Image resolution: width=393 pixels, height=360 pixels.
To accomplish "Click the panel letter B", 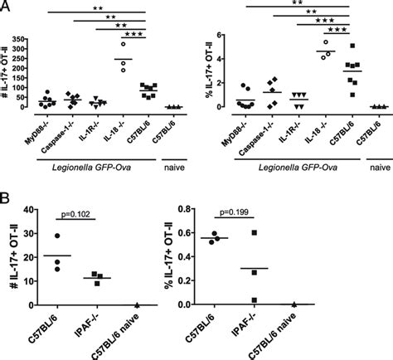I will point(7,202).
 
